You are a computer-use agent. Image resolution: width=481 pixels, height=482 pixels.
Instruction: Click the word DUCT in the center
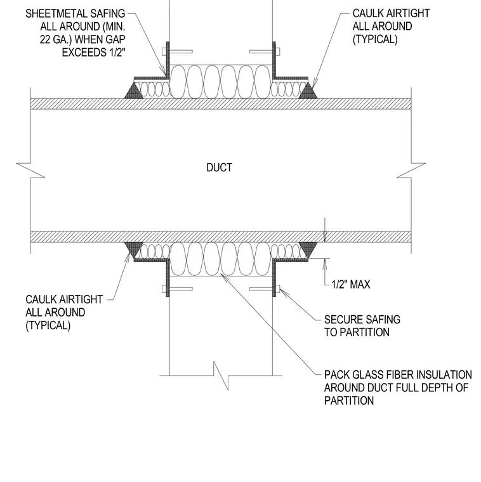click(x=220, y=167)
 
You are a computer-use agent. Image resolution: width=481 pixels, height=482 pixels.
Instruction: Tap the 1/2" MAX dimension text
click(x=351, y=284)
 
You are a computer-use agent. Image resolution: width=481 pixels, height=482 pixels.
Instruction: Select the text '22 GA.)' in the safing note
click(x=56, y=40)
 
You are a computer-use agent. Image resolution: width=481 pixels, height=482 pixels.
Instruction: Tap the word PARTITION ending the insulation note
click(x=349, y=401)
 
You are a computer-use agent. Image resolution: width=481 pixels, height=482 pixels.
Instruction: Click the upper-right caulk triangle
click(x=308, y=91)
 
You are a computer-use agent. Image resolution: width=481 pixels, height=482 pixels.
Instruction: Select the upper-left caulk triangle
click(x=134, y=91)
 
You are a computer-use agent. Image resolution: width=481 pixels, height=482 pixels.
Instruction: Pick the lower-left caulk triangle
click(x=134, y=250)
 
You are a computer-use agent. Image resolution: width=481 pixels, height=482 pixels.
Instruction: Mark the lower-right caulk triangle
click(x=308, y=250)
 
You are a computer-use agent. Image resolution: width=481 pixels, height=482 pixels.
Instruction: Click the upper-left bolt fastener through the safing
click(x=178, y=51)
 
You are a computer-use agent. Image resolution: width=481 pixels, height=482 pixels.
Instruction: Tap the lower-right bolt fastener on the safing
click(x=265, y=289)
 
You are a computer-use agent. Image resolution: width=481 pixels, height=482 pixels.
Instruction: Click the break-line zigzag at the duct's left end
click(x=30, y=171)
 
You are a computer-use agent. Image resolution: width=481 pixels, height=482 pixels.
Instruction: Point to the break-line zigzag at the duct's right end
click(x=411, y=171)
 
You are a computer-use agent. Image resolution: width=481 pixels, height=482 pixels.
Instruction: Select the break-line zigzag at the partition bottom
click(x=221, y=375)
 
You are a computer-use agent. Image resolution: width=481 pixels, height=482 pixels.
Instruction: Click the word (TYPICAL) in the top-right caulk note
click(x=375, y=39)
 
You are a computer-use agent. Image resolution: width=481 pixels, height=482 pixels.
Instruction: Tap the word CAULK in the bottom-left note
click(x=41, y=299)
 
